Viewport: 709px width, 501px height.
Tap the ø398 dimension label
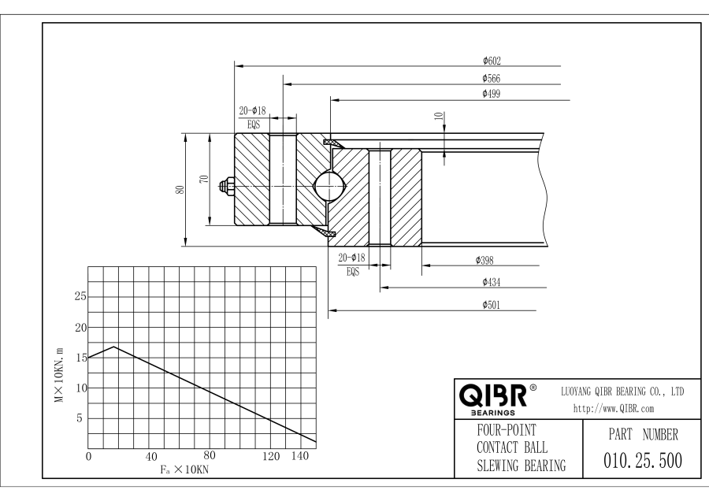click(x=485, y=259)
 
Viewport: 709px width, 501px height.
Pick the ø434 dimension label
click(x=493, y=281)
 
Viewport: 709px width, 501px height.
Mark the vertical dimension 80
click(x=180, y=190)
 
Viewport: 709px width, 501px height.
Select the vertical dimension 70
click(x=205, y=180)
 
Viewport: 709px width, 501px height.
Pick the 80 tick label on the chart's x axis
click(x=210, y=455)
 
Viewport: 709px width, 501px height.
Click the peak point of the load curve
click(x=115, y=347)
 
